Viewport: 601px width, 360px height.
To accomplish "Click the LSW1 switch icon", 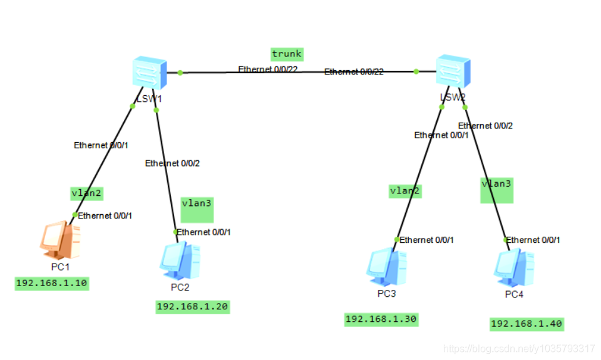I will click(150, 73).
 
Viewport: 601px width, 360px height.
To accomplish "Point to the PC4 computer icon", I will click(513, 267).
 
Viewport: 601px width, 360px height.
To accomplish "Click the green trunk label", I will click(287, 54).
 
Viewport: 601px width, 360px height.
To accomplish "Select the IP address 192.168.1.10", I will click(52, 284).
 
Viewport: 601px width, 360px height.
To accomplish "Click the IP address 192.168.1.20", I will click(192, 307).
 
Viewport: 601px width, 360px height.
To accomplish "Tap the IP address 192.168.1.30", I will click(381, 319).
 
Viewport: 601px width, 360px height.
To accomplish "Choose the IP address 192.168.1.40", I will click(527, 324).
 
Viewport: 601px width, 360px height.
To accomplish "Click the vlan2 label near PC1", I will click(86, 193).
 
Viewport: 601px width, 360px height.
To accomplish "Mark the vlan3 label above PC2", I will click(197, 203).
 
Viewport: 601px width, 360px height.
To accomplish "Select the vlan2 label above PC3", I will click(404, 190).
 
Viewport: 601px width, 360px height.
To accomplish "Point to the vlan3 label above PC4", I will click(496, 184).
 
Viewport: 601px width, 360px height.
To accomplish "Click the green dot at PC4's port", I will click(506, 240).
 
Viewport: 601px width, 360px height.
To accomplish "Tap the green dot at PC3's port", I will click(397, 239).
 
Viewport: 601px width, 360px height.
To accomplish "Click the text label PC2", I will click(180, 287).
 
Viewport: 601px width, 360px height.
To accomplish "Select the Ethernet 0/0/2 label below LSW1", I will click(172, 163).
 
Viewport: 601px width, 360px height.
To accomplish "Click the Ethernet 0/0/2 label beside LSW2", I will click(485, 126).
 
